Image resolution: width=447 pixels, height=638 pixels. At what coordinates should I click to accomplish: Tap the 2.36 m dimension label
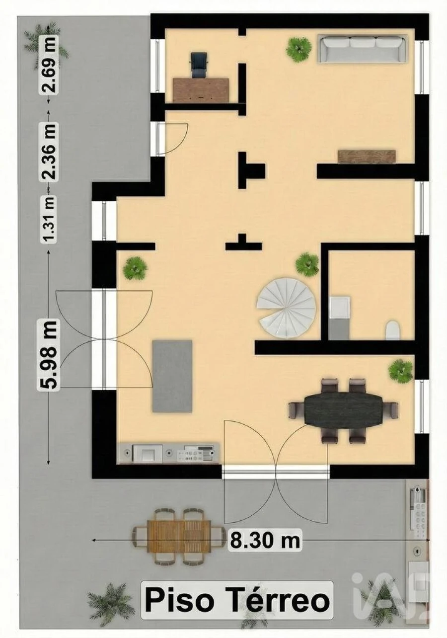click(50, 152)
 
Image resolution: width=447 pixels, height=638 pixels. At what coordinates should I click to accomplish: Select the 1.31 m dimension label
click(50, 219)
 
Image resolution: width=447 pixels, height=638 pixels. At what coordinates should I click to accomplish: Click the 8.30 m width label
click(265, 540)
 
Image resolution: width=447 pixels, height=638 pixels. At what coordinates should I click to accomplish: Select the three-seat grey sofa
click(362, 48)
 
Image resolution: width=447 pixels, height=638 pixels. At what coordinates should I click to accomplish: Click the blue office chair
click(199, 65)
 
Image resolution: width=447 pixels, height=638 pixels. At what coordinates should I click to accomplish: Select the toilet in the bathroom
click(392, 329)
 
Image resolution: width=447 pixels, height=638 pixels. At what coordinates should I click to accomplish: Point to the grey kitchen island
click(172, 376)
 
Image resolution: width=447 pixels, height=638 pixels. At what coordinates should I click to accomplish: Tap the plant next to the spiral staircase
click(307, 264)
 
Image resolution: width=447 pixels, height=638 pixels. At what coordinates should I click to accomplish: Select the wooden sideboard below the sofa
click(367, 157)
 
